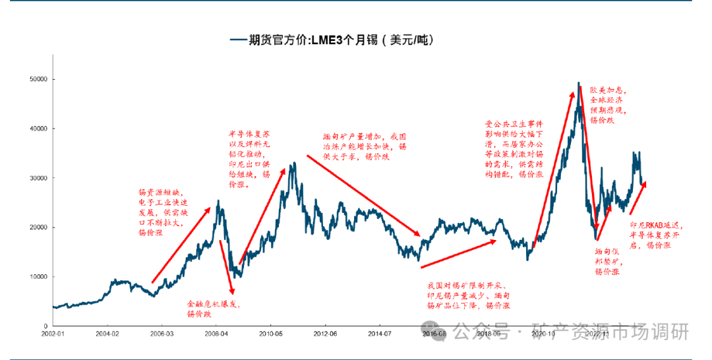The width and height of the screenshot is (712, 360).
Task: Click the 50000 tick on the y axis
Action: coord(38,79)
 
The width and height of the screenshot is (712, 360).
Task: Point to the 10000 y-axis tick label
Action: coord(38,277)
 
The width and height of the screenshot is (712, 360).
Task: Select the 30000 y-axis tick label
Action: coord(38,178)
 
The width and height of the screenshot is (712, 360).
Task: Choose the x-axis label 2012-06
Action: coord(325,334)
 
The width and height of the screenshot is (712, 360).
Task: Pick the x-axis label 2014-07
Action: coord(380,334)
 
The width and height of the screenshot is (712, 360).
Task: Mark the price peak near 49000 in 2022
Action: coord(578,83)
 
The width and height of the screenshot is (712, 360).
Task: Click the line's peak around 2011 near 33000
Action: coord(292,163)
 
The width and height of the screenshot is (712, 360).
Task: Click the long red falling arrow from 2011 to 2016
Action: coord(363,195)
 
